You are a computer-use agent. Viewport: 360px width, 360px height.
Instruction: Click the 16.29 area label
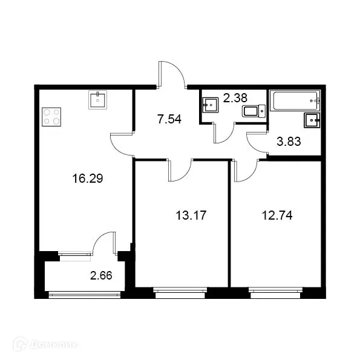85,178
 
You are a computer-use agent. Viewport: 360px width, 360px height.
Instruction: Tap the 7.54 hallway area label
169,119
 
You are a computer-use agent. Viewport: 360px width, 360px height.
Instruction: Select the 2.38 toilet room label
235,97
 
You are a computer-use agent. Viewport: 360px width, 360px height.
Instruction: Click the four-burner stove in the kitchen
51,116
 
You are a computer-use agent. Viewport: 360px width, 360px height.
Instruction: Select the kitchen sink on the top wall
98,100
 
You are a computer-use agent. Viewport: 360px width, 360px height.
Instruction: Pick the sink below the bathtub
312,119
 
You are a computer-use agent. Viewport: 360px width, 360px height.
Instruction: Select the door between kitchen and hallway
122,144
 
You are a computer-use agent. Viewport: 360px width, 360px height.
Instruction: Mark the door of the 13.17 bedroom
179,169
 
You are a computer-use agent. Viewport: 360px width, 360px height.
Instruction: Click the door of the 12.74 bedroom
245,171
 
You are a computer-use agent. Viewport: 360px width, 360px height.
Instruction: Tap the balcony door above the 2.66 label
103,243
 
